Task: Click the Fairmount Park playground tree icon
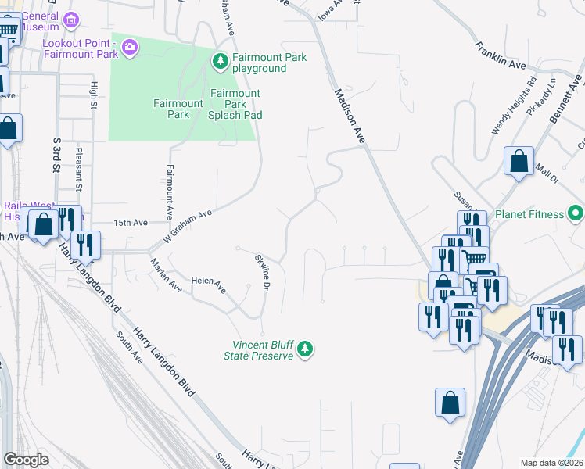click(x=221, y=59)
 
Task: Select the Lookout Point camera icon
click(x=130, y=48)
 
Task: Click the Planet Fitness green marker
click(x=576, y=213)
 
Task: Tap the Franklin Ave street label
click(x=500, y=55)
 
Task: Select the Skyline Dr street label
click(x=263, y=273)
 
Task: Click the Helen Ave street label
click(x=209, y=285)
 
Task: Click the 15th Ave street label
click(x=131, y=223)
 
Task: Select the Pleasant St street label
click(x=79, y=171)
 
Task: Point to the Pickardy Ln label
click(x=540, y=97)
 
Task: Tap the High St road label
click(x=93, y=95)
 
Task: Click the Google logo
click(x=26, y=460)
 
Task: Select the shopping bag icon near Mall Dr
click(x=519, y=162)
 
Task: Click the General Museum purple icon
click(x=72, y=19)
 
